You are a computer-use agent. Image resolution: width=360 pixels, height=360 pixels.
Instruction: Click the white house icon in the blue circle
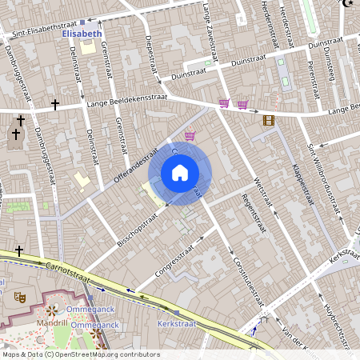pos(180,172)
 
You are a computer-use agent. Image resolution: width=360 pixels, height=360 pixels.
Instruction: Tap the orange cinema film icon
pos(268,120)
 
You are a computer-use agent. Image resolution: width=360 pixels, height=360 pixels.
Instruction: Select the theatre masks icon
pos(20,297)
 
